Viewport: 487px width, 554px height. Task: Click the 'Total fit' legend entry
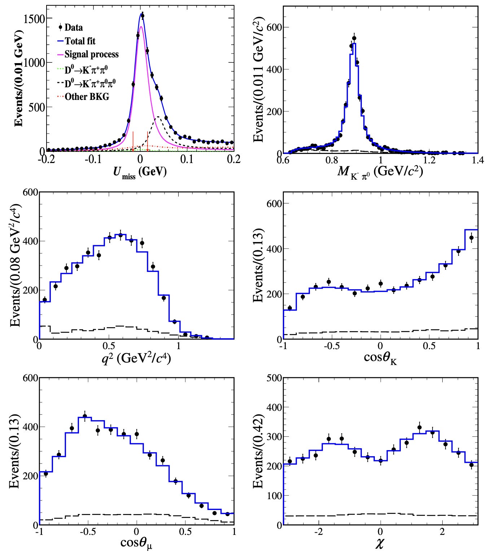coord(80,41)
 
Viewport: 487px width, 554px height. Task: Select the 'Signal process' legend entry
coord(91,54)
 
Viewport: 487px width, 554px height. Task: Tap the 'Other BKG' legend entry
coord(87,97)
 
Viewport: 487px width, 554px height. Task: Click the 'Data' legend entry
coord(74,27)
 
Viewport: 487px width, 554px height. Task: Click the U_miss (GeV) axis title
coord(140,172)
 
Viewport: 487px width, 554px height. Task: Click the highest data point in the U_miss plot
coord(142,16)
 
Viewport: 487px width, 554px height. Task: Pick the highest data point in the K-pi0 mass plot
coord(354,38)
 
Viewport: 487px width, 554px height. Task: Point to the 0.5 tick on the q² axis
coord(109,346)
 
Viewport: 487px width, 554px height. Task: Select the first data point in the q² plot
coord(45,300)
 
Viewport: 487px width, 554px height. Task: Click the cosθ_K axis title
coord(380,358)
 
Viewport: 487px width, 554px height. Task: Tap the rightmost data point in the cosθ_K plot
coord(471,238)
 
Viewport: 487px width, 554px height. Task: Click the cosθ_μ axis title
coord(136,543)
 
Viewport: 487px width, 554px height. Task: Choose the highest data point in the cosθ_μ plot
coord(85,416)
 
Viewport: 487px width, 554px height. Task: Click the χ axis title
coord(379,543)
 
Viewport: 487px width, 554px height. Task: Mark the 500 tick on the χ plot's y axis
coord(274,378)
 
